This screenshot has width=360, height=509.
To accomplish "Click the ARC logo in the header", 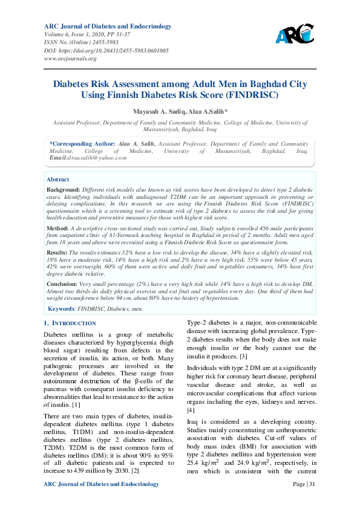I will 295,34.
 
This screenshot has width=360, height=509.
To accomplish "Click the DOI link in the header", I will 106,51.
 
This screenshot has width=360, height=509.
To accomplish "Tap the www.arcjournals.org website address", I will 71,59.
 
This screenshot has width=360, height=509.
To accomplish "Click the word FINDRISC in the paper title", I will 251,96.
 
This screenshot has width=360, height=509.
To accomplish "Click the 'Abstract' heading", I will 58,180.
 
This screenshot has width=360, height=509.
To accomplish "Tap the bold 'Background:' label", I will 63,189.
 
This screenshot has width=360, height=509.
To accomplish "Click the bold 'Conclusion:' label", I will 63,283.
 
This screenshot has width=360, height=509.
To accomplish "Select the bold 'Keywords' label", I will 62,308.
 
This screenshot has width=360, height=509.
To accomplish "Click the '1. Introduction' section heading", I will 70,323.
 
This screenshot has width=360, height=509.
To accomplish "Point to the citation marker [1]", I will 76,404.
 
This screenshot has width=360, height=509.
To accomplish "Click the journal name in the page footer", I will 102,484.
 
